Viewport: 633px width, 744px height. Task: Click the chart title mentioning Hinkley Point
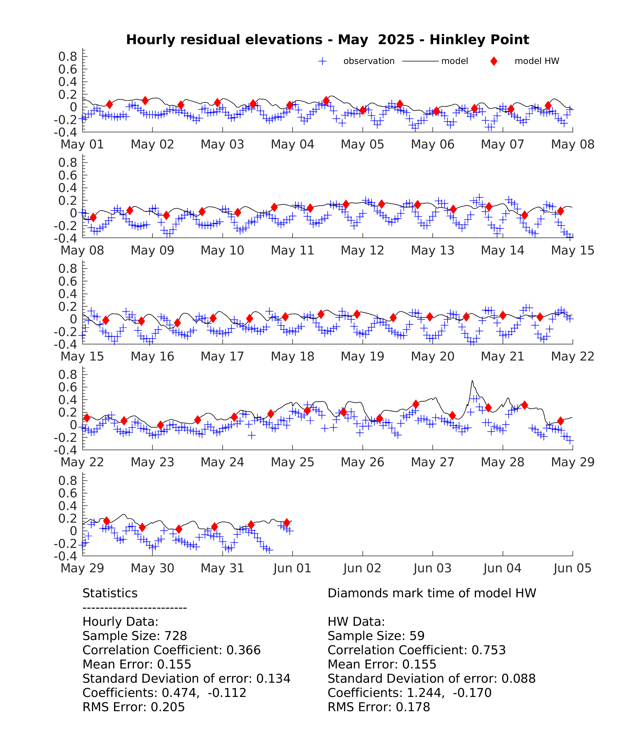[x=328, y=40]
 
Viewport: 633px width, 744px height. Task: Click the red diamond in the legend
[x=494, y=61]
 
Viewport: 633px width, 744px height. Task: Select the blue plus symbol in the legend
[x=322, y=61]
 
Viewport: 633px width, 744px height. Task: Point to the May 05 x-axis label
[x=362, y=144]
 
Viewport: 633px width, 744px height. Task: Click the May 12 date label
[x=362, y=250]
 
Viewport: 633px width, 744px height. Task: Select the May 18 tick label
[x=292, y=356]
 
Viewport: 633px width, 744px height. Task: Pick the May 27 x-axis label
[x=433, y=462]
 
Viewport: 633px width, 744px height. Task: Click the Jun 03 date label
[x=433, y=568]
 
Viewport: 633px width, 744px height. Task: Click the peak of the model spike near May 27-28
[x=472, y=381]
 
